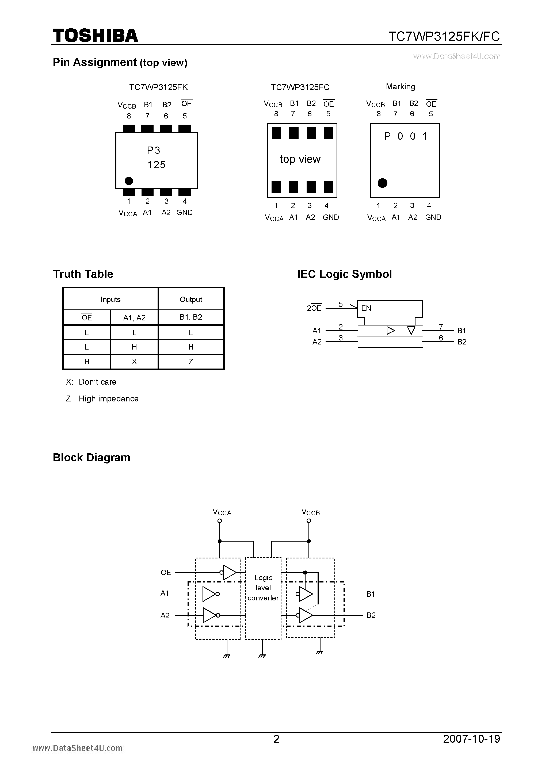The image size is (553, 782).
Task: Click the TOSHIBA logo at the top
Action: click(x=95, y=35)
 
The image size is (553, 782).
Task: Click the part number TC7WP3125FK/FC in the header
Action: click(x=444, y=36)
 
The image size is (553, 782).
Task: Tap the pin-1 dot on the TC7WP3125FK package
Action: click(x=129, y=181)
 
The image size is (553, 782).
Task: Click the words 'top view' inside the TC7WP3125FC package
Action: click(x=300, y=159)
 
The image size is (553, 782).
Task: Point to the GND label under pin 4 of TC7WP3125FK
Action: click(x=184, y=213)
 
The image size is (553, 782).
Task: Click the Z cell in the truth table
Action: click(x=191, y=362)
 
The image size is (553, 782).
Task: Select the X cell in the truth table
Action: click(x=134, y=362)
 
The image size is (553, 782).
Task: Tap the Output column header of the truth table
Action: click(x=191, y=299)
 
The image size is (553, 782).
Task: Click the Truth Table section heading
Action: click(x=83, y=274)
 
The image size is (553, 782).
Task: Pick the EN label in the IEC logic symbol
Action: click(x=366, y=308)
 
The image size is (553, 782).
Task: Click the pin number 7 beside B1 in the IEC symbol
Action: click(x=441, y=327)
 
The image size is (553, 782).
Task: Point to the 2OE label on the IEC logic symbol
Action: click(x=314, y=308)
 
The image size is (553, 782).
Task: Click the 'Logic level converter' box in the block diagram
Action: click(x=263, y=588)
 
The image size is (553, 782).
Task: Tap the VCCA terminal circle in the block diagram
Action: click(x=220, y=521)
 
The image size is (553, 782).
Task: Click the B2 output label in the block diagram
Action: click(x=371, y=615)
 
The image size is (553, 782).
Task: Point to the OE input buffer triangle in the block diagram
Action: click(x=230, y=573)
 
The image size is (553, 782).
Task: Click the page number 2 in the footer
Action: click(x=276, y=738)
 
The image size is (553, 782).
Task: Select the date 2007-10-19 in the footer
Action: click(x=472, y=738)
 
